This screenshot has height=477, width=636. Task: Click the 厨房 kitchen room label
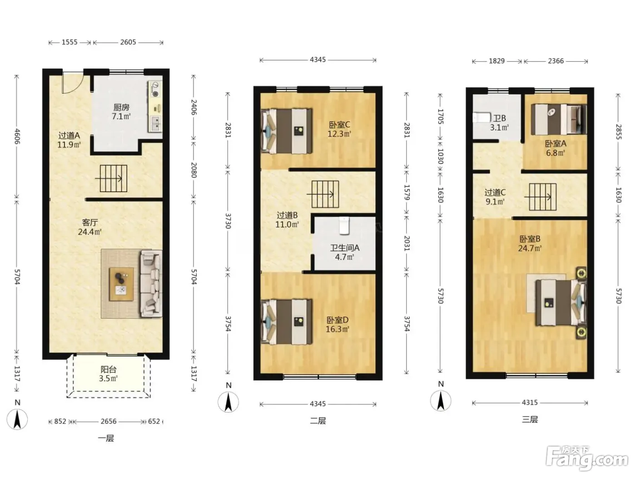pyautogui.click(x=121, y=108)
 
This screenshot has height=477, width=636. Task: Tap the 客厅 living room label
pyautogui.click(x=90, y=223)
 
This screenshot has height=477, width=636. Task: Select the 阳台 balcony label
pyautogui.click(x=109, y=369)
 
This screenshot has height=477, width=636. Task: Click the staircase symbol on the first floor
pyautogui.click(x=111, y=179)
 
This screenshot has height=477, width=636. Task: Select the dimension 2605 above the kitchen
pyautogui.click(x=128, y=42)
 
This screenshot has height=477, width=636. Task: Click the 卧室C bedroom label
pyautogui.click(x=340, y=125)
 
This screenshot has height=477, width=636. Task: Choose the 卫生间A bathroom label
pyautogui.click(x=345, y=248)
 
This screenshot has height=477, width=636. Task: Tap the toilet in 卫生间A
pyautogui.click(x=344, y=226)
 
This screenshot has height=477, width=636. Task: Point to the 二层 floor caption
pyautogui.click(x=318, y=421)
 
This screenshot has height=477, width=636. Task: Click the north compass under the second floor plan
pyautogui.click(x=229, y=402)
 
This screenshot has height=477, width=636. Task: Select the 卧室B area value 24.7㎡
pyautogui.click(x=530, y=248)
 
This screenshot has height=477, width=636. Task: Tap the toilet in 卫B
pyautogui.click(x=481, y=117)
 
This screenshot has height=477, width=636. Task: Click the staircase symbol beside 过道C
pyautogui.click(x=541, y=197)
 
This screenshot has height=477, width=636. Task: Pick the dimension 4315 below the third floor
pyautogui.click(x=530, y=402)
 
